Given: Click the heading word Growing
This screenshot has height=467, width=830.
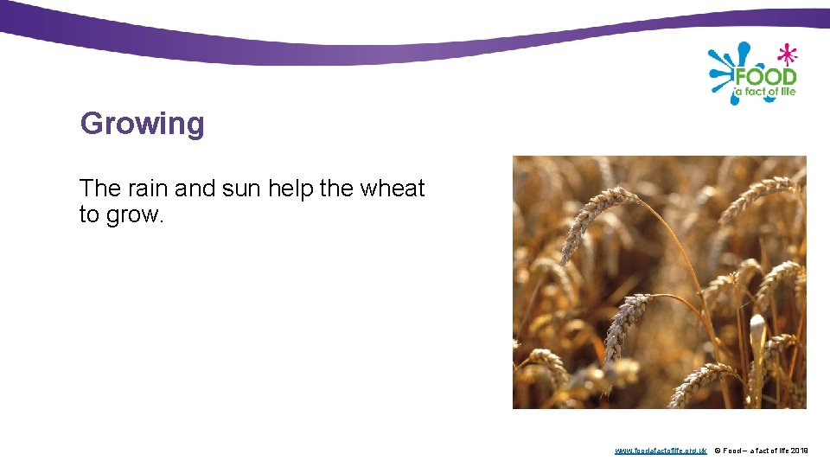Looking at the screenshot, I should [x=142, y=124].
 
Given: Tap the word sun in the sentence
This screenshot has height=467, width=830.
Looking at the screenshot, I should [x=241, y=189].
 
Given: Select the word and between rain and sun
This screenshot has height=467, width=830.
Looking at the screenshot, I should [x=195, y=189].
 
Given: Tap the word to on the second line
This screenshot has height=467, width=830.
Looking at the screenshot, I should [x=89, y=215].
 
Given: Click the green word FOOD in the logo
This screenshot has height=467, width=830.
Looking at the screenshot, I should [x=765, y=76].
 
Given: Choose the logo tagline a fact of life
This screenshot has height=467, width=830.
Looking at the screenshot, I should [x=764, y=92].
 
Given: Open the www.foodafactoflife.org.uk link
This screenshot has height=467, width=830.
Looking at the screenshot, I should [x=661, y=451].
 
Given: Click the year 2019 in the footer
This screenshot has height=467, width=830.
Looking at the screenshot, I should [x=799, y=451].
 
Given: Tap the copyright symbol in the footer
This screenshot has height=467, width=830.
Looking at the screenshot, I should [x=718, y=451].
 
